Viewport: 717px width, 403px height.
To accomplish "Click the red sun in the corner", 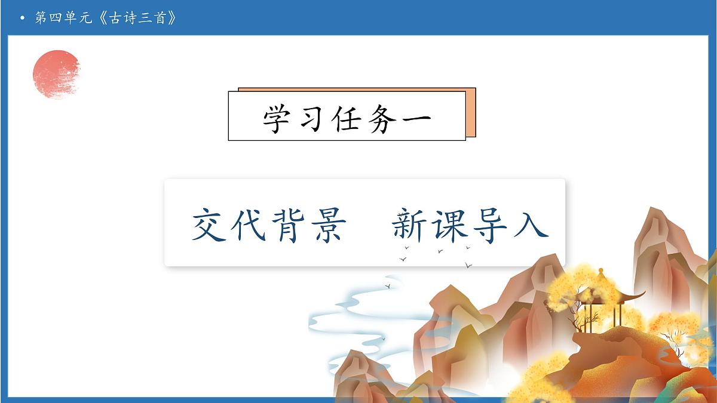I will click(x=56, y=73).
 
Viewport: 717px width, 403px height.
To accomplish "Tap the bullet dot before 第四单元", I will click(x=22, y=18).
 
